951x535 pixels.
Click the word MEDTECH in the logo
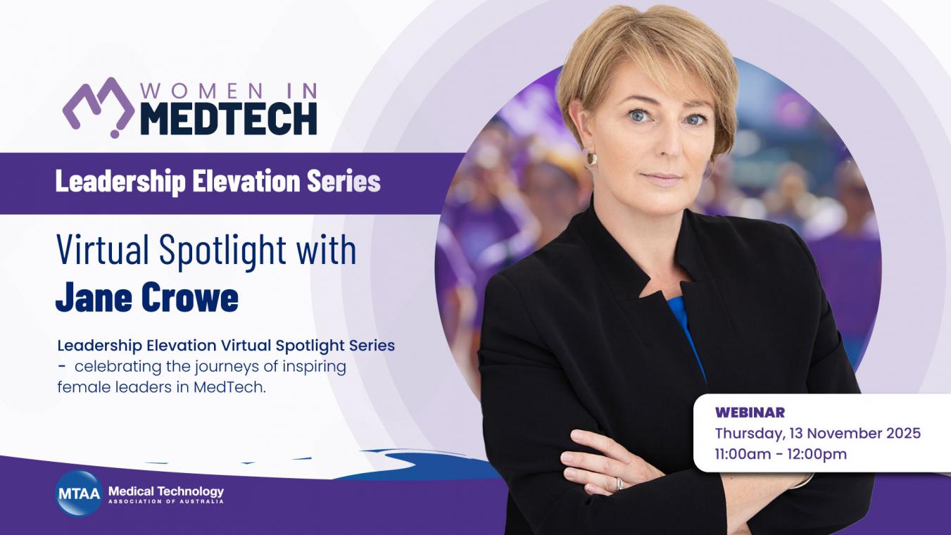coord(228,118)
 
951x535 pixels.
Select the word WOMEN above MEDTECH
coord(201,91)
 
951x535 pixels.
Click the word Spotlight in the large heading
coord(223,250)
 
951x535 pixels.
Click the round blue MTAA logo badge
coord(79,493)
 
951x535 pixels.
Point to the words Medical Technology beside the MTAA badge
coord(166,491)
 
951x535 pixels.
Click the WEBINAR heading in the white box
coord(750,413)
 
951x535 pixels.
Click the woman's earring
coord(591,158)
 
